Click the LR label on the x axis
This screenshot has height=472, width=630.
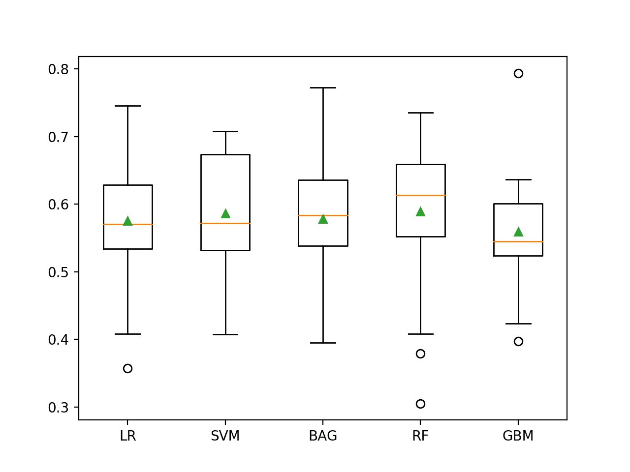point(127,436)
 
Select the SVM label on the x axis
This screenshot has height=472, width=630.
point(225,436)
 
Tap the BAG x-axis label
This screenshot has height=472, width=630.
point(323,436)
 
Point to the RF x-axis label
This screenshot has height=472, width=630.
point(420,436)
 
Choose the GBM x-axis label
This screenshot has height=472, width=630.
point(518,436)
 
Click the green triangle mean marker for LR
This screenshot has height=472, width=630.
point(127,221)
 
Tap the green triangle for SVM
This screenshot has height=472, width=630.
point(225,213)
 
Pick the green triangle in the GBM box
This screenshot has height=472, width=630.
point(518,232)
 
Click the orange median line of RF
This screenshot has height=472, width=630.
point(420,195)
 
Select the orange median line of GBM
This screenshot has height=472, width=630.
point(518,241)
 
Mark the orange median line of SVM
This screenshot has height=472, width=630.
point(225,223)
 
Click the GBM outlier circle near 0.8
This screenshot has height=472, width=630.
point(518,74)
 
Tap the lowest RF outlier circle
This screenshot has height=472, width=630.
point(420,404)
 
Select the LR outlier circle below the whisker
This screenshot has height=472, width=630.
point(127,368)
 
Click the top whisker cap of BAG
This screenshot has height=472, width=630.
point(323,88)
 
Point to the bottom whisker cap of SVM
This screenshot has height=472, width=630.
point(225,334)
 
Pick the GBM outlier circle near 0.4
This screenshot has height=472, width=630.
point(518,341)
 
